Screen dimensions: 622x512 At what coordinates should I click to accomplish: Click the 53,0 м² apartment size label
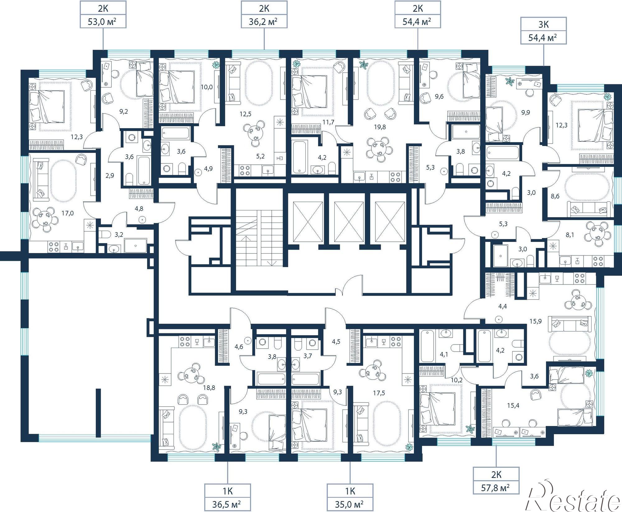point(103,22)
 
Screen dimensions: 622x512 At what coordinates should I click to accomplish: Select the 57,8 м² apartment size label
point(496,487)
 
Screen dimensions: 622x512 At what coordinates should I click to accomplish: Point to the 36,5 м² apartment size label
point(227,504)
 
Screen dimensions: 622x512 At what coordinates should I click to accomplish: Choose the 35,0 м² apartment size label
point(350,504)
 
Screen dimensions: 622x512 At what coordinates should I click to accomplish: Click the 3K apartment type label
point(543,25)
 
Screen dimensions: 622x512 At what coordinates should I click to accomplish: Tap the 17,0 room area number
point(67,213)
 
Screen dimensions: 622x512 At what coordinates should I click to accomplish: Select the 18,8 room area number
point(209,388)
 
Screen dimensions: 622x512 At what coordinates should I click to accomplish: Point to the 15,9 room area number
point(535,321)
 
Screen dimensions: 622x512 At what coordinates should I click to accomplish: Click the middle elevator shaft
point(348,221)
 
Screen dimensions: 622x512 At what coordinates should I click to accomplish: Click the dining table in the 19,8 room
point(380,150)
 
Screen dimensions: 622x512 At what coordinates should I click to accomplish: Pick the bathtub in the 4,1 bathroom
point(427,346)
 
